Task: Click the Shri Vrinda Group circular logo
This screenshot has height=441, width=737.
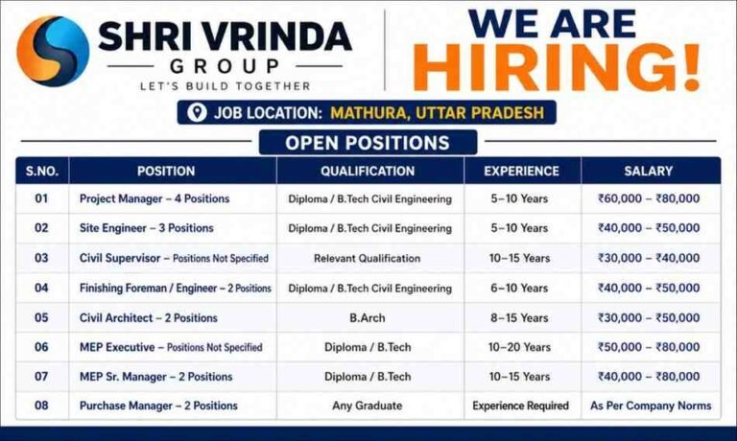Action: tap(53, 51)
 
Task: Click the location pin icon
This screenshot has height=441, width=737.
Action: tap(198, 113)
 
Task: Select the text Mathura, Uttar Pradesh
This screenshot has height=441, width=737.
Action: tap(437, 113)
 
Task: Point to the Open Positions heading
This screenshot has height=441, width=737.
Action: tap(368, 144)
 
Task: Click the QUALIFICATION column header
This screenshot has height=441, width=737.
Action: tap(368, 172)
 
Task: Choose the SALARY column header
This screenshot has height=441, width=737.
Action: tap(649, 172)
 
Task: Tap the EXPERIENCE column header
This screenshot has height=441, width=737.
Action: tap(521, 172)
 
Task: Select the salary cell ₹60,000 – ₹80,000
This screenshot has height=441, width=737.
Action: tap(649, 199)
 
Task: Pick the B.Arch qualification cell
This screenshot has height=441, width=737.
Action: tap(368, 317)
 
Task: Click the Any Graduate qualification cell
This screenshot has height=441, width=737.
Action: tap(368, 406)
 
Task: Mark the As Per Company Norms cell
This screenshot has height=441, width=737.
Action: tap(650, 406)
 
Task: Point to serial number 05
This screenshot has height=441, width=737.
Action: tap(41, 317)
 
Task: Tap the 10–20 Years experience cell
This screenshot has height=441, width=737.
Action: tap(522, 347)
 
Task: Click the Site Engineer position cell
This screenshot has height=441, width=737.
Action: tap(146, 228)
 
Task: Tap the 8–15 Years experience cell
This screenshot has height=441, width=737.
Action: tap(522, 317)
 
